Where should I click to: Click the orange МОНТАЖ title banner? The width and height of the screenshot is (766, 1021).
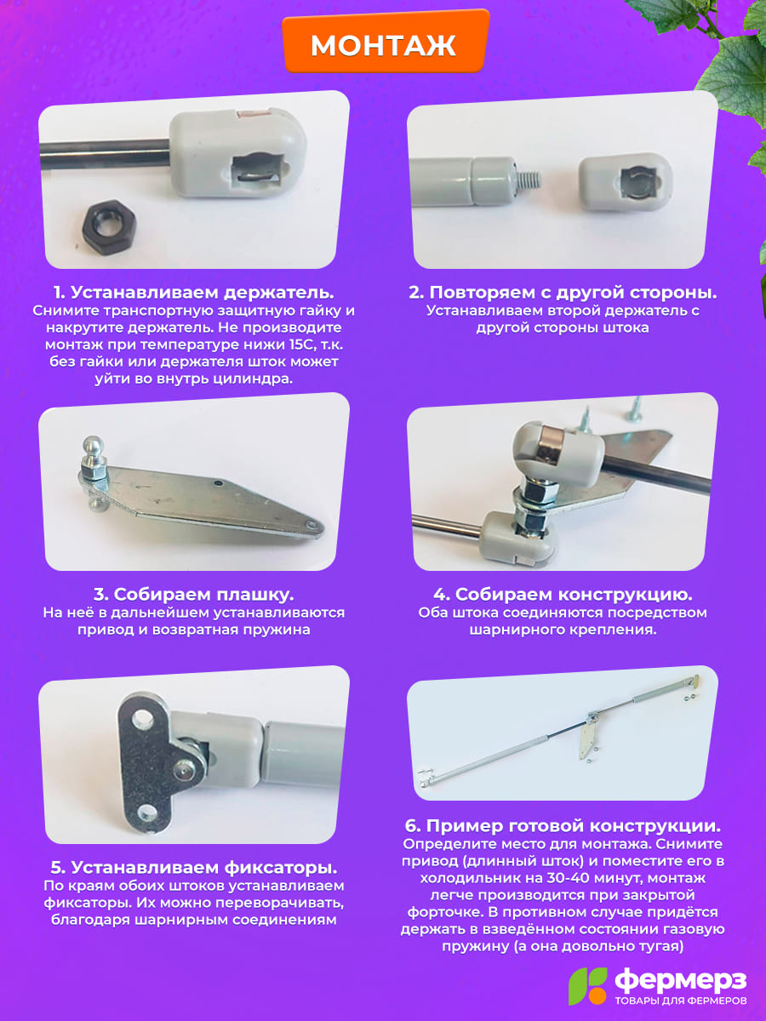click(x=385, y=42)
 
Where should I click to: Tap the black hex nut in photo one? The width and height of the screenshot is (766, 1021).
click(x=109, y=227)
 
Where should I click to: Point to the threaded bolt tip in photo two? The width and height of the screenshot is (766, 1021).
click(x=529, y=180)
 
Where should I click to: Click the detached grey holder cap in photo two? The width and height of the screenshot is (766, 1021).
click(x=626, y=182)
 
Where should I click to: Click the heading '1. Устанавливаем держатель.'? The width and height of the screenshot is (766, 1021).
click(x=193, y=293)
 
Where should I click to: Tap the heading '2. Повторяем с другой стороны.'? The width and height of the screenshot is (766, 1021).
click(x=563, y=293)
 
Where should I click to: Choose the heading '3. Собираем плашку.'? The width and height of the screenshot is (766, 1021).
click(x=193, y=595)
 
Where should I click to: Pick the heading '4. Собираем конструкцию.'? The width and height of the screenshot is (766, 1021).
click(x=563, y=595)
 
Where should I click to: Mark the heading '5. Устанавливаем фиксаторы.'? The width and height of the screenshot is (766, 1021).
click(x=193, y=868)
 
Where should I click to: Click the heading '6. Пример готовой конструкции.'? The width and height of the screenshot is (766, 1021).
click(x=563, y=825)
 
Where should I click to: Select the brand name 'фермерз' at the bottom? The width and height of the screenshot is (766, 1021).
click(x=681, y=981)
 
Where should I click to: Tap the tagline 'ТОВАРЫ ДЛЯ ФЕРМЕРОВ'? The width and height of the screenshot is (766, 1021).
click(x=682, y=1001)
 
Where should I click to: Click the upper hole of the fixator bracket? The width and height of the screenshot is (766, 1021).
click(x=142, y=719)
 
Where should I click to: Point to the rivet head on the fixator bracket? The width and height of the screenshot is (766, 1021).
click(x=184, y=771)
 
